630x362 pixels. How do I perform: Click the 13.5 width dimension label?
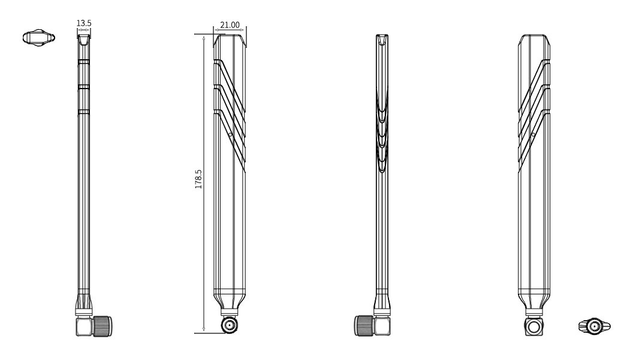tap(84, 23)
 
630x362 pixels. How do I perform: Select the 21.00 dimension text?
tap(230, 25)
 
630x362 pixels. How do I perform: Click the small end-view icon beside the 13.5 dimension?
tap(38, 38)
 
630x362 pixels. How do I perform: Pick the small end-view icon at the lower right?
tap(594, 326)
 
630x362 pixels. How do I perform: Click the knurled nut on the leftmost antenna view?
tap(103, 326)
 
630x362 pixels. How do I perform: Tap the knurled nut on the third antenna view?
tap(364, 326)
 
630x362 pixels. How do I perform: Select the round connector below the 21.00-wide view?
tap(230, 325)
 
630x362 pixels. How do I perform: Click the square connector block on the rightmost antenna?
tap(534, 327)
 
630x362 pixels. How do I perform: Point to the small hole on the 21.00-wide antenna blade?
tap(230, 135)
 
